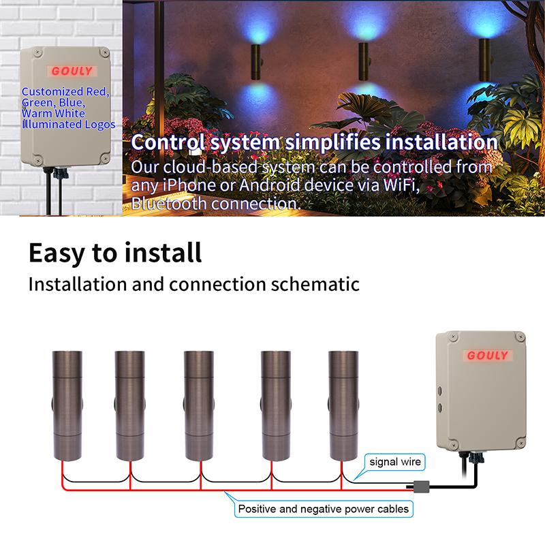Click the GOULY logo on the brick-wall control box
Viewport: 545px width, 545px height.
[x=72, y=72]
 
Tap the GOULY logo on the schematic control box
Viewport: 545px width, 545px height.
[x=487, y=355]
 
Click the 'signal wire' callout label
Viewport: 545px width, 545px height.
[x=395, y=462]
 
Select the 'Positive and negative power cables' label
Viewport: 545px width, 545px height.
[x=324, y=509]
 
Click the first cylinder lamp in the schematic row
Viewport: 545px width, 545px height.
[x=67, y=405]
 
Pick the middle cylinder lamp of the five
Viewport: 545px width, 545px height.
[x=199, y=405]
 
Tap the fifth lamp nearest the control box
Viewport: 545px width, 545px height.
[x=343, y=405]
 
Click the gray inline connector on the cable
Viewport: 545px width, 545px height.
[x=421, y=486]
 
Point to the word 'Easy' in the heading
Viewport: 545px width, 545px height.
[x=57, y=253]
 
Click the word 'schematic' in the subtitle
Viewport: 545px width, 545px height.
[x=315, y=284]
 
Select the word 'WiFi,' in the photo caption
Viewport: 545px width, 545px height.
[x=401, y=185]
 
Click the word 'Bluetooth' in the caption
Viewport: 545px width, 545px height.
[x=169, y=203]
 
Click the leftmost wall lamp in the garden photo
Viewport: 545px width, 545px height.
[x=257, y=62]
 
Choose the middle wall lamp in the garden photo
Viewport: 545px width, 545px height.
[x=364, y=61]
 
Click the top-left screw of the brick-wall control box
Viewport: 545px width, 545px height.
[x=37, y=52]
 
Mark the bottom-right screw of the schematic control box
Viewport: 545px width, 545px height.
[x=520, y=443]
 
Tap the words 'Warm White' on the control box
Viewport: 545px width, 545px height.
[x=53, y=114]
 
